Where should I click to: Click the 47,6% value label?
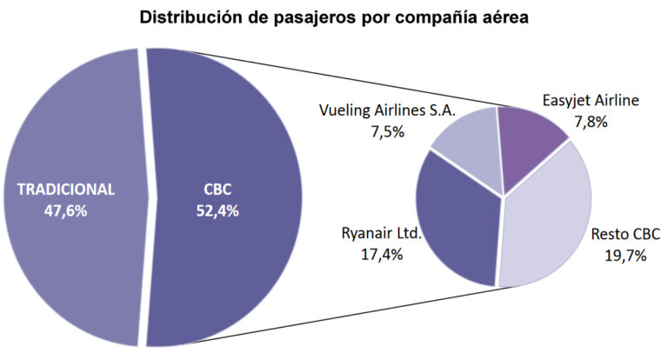[65, 210]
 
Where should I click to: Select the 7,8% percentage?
[591, 123]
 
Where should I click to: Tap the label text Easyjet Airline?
[591, 101]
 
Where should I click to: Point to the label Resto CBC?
[625, 234]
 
